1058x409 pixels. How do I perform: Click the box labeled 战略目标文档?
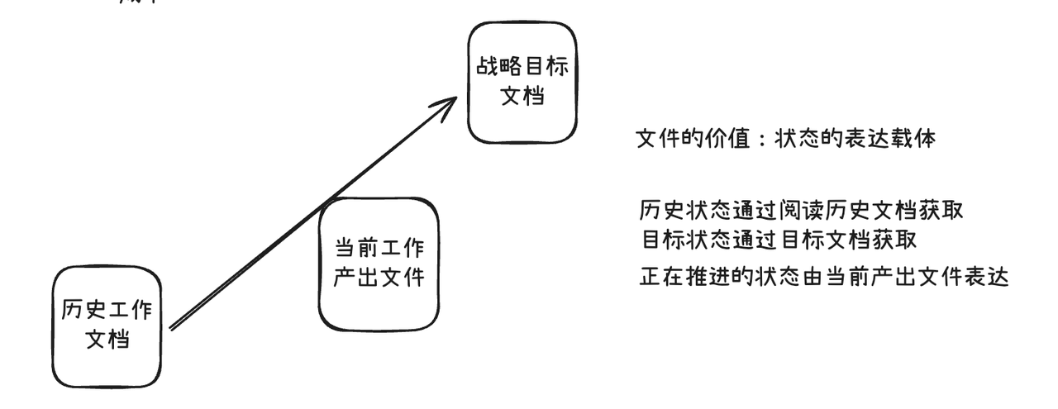click(522, 83)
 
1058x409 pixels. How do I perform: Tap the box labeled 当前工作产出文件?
click(378, 264)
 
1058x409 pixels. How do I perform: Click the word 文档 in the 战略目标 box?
click(522, 96)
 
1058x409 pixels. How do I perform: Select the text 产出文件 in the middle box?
click(378, 278)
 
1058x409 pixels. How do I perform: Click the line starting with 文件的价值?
click(785, 140)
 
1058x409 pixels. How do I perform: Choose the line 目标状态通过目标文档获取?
click(779, 239)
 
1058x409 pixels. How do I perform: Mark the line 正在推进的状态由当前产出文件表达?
click(824, 276)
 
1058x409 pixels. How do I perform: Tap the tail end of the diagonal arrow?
click(171, 328)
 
